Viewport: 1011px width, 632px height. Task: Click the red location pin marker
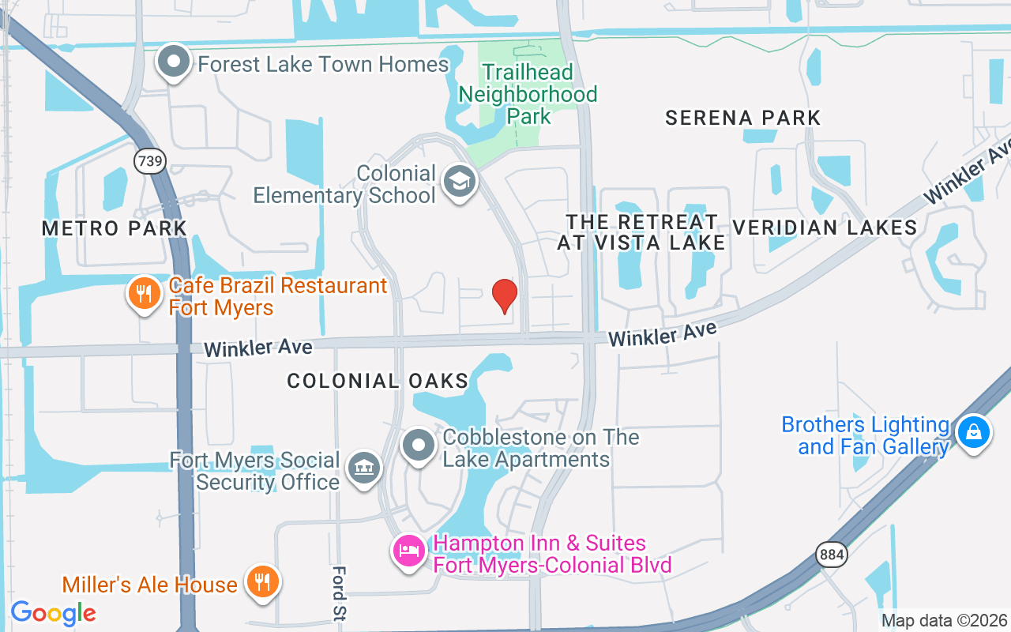pyautogui.click(x=505, y=295)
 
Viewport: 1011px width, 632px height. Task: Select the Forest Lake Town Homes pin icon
pyautogui.click(x=174, y=62)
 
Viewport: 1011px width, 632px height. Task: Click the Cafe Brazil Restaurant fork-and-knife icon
pyautogui.click(x=143, y=295)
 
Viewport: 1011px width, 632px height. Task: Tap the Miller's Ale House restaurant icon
pyautogui.click(x=260, y=582)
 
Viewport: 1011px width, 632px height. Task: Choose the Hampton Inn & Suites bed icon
pyautogui.click(x=408, y=551)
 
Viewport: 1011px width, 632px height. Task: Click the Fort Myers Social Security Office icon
pyautogui.click(x=363, y=468)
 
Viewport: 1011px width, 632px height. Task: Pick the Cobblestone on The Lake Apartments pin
pyautogui.click(x=419, y=446)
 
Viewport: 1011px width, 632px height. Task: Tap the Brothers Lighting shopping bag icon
pyautogui.click(x=974, y=433)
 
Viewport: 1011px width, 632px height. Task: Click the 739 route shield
pyautogui.click(x=149, y=162)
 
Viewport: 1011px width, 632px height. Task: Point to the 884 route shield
pyautogui.click(x=832, y=555)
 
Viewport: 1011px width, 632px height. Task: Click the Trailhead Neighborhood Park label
pyautogui.click(x=528, y=94)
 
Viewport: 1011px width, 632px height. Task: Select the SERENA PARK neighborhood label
pyautogui.click(x=742, y=118)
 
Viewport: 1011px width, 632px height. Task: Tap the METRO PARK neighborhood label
pyautogui.click(x=115, y=228)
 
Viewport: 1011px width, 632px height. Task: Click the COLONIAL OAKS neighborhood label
pyautogui.click(x=378, y=381)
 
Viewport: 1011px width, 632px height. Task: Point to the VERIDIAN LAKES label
pyautogui.click(x=825, y=228)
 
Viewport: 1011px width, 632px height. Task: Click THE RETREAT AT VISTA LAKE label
pyautogui.click(x=641, y=231)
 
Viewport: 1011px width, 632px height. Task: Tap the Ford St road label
pyautogui.click(x=340, y=593)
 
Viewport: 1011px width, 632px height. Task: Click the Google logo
pyautogui.click(x=53, y=613)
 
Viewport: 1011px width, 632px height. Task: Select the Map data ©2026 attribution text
pyautogui.click(x=945, y=621)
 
